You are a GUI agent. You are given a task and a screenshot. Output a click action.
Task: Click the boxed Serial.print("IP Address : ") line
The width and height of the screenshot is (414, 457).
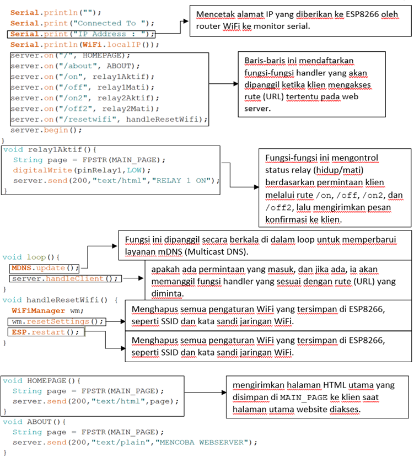click(80, 34)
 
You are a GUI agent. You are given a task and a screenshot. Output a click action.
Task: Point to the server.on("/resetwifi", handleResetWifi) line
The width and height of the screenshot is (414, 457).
click(109, 119)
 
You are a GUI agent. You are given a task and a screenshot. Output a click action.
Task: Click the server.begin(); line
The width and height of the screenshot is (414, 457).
click(46, 130)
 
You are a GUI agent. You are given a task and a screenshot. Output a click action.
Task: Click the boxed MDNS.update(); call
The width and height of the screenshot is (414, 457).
click(44, 268)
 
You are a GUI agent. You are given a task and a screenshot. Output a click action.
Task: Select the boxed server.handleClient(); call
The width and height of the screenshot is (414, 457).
click(65, 278)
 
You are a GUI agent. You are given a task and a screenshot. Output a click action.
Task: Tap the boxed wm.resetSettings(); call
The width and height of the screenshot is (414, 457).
click(58, 321)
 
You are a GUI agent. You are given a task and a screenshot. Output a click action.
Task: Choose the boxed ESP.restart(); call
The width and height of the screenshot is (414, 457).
click(46, 332)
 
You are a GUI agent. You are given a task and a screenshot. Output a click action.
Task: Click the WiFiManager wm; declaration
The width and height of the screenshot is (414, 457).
click(44, 311)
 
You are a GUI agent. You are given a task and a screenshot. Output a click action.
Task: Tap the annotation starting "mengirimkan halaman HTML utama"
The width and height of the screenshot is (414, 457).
click(318, 396)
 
